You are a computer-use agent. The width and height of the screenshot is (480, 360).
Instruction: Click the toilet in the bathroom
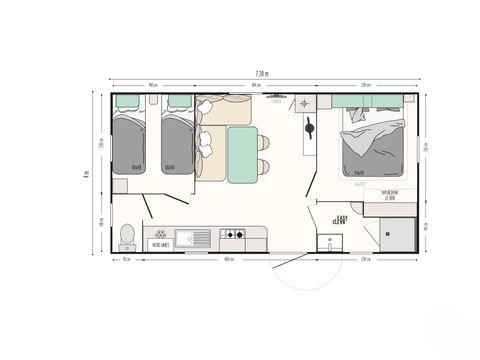(x=127, y=236)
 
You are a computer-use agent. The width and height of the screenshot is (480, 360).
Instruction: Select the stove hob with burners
(x=232, y=235)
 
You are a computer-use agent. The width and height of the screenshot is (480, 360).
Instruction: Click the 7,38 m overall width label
(x=262, y=73)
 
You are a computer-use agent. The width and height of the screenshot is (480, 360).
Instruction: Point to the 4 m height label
(x=87, y=172)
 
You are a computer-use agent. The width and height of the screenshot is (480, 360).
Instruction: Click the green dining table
(x=240, y=153)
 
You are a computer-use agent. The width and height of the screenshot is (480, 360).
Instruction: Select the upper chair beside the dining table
(x=263, y=142)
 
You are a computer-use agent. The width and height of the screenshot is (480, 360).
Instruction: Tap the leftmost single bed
(x=128, y=143)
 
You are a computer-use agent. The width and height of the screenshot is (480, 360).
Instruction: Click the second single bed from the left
(x=178, y=143)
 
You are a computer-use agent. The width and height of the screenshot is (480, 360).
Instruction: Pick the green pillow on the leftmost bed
(x=128, y=101)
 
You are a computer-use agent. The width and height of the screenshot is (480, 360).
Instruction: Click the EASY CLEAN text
(x=340, y=216)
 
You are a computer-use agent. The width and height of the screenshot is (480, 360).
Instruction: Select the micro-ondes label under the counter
(x=159, y=243)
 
